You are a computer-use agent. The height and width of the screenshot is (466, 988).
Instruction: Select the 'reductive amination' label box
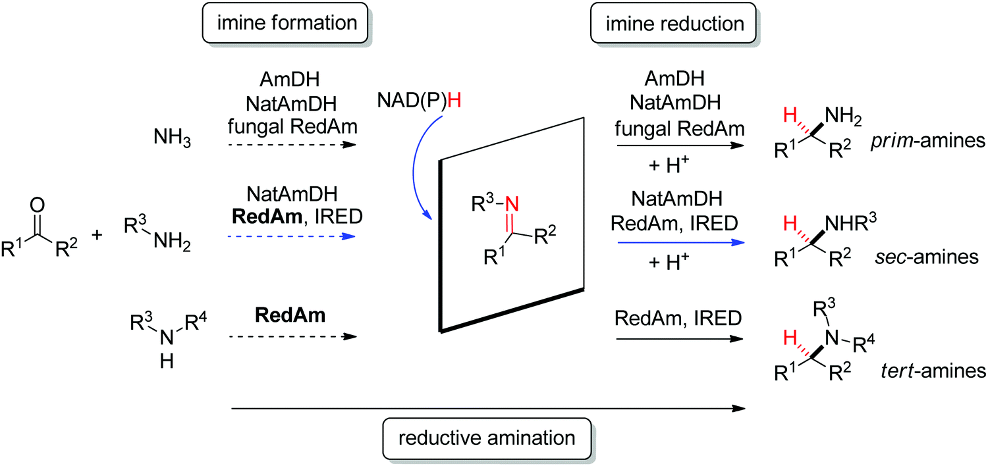pyautogui.click(x=486, y=438)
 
